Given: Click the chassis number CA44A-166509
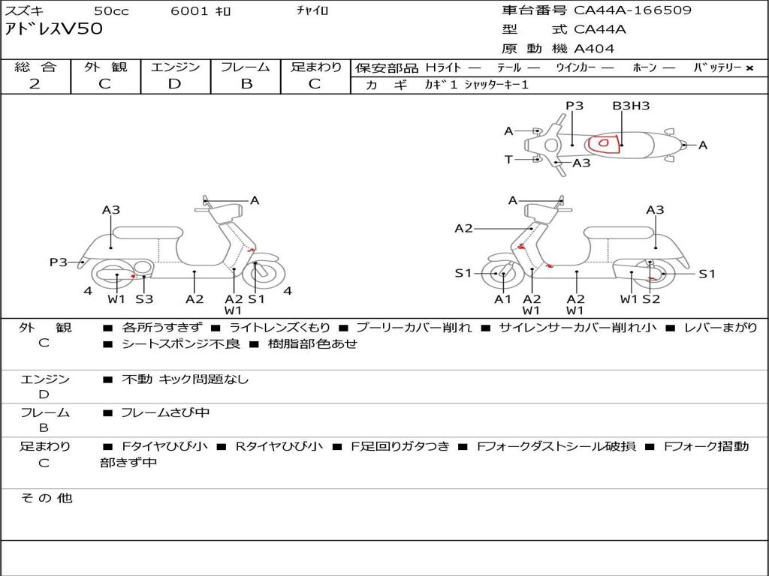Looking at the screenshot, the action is click(x=632, y=10).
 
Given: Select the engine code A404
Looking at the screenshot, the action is click(x=594, y=49).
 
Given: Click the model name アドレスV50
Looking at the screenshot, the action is click(x=53, y=29).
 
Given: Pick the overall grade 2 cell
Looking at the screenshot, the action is click(x=35, y=83).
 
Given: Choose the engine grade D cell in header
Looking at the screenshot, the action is click(x=175, y=83).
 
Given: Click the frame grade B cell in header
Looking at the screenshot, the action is click(x=246, y=83).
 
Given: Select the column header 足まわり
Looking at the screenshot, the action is click(x=315, y=67).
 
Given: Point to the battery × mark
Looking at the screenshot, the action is click(x=749, y=67).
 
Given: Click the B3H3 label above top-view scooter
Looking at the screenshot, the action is click(x=631, y=106).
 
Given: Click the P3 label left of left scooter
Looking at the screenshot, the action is click(x=59, y=262).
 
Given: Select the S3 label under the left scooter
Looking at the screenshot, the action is click(x=144, y=298).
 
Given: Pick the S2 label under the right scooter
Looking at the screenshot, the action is click(x=650, y=298).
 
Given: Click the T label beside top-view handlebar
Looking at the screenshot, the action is click(x=508, y=159).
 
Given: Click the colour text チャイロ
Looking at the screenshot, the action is click(x=312, y=11).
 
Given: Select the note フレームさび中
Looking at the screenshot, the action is click(x=165, y=412).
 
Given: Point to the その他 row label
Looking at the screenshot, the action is click(x=46, y=498).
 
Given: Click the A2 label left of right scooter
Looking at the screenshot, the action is click(x=463, y=228).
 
